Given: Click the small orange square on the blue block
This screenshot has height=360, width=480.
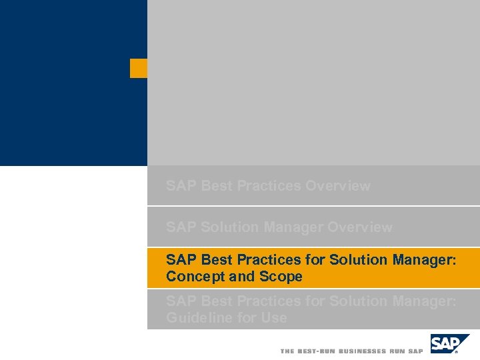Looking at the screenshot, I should (139, 68).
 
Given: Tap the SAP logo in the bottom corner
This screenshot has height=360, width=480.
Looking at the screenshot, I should (449, 345).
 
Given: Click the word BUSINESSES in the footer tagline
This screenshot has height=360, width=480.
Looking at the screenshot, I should (363, 351).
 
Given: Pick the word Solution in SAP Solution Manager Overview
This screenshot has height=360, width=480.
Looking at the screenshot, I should (229, 227).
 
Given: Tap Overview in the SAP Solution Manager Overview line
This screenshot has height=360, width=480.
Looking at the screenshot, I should (360, 227).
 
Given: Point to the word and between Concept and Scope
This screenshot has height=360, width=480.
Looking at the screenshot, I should (242, 277).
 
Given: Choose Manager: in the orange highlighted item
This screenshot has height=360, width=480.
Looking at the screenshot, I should (425, 260).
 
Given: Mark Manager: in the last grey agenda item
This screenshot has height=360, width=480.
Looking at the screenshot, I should (425, 301).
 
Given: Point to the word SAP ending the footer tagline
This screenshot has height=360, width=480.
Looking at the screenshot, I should (415, 351).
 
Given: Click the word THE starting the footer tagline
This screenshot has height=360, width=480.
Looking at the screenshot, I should (287, 351).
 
